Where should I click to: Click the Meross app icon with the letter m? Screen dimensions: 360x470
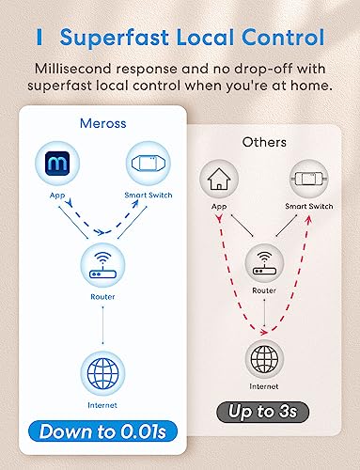pyautogui.click(x=57, y=164)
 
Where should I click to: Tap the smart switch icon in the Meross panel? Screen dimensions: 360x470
pyautogui.click(x=148, y=164)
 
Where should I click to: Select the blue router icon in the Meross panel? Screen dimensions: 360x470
pyautogui.click(x=102, y=266)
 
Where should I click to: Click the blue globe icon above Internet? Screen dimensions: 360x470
pyautogui.click(x=102, y=373)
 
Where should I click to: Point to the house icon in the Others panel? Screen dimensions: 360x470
pyautogui.click(x=219, y=179)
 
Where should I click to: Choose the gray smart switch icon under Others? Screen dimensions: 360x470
pyautogui.click(x=308, y=179)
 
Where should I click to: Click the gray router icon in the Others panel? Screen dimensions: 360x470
pyautogui.click(x=264, y=263)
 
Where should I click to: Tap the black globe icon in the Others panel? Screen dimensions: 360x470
pyautogui.click(x=264, y=359)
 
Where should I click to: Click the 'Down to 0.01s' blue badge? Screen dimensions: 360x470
pyautogui.click(x=102, y=431)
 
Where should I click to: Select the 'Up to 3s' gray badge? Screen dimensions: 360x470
pyautogui.click(x=262, y=412)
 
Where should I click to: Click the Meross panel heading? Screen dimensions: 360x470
pyautogui.click(x=103, y=123)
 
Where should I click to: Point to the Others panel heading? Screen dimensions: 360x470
pyautogui.click(x=264, y=142)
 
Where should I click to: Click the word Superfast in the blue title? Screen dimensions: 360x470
pyautogui.click(x=115, y=38)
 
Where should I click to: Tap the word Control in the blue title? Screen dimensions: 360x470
pyautogui.click(x=283, y=38)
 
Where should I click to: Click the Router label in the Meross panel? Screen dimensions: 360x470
pyautogui.click(x=102, y=296)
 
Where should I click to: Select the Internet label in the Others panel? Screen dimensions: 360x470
pyautogui.click(x=264, y=386)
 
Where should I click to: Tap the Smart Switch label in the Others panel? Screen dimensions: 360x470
pyautogui.click(x=309, y=206)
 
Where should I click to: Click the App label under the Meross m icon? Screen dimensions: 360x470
pyautogui.click(x=57, y=196)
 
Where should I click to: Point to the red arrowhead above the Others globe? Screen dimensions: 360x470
pyautogui.click(x=264, y=332)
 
